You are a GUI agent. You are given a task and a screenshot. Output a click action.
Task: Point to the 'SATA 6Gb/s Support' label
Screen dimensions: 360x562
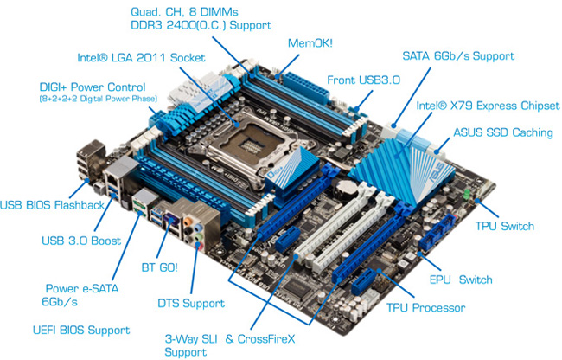458,56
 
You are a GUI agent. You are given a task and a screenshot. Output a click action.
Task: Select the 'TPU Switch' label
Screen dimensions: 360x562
505,227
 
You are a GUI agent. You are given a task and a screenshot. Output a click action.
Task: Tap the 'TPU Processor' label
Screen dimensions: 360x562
425,307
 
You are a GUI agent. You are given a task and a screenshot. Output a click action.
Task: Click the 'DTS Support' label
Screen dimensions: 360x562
190,303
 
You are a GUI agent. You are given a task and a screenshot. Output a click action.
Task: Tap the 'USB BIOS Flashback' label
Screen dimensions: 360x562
53,204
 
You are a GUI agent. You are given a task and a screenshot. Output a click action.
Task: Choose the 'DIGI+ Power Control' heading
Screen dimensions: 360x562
93,87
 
